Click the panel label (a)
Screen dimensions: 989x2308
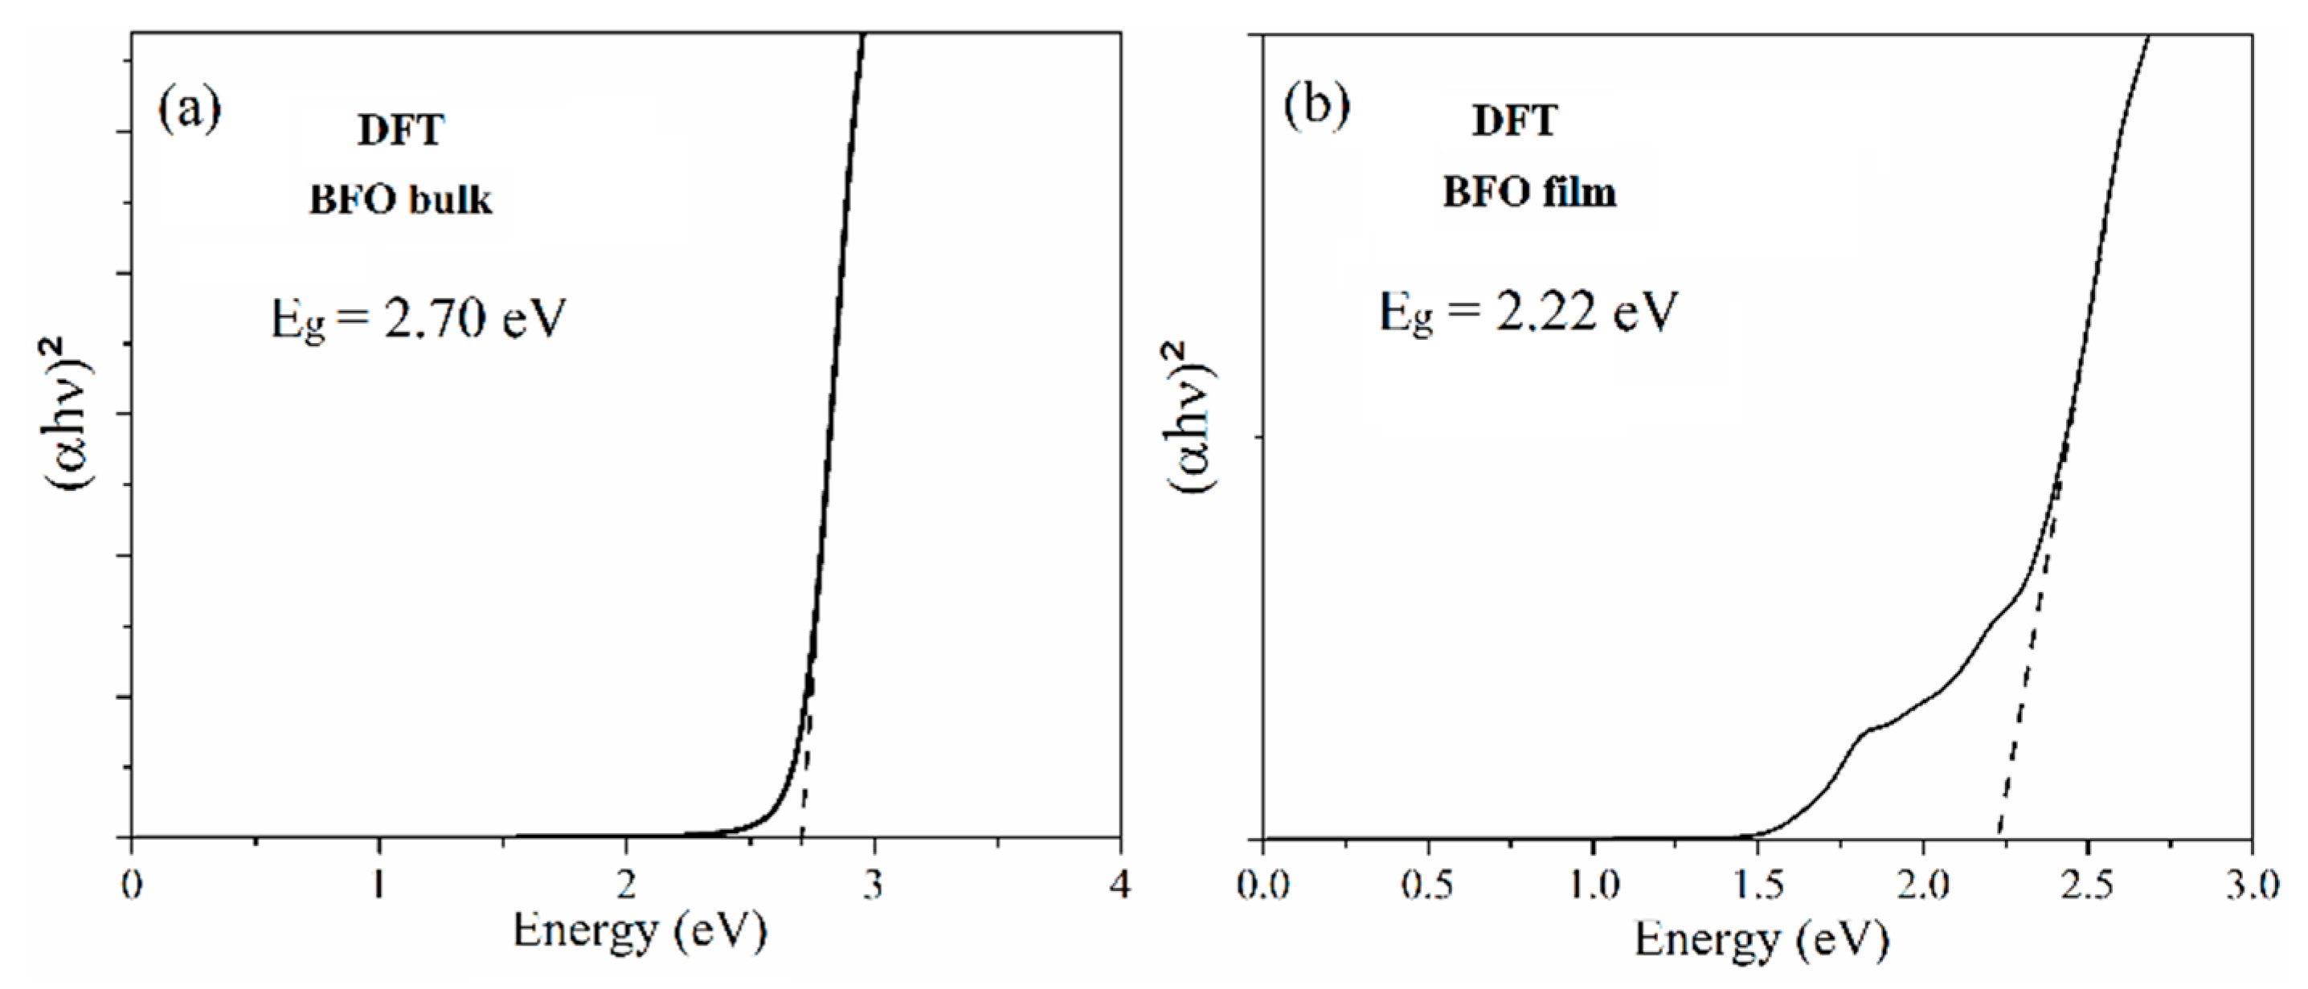pos(189,111)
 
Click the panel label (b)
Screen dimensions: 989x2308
pos(1316,106)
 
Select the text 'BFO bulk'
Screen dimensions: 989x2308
pos(400,201)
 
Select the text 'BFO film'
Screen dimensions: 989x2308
pos(1528,193)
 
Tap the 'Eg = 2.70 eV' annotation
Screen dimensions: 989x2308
pos(419,319)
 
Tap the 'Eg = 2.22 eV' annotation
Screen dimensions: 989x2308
pos(1527,313)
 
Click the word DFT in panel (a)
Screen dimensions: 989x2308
pos(400,131)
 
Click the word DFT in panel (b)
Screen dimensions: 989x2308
pos(1514,121)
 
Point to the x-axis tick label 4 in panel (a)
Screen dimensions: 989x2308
pos(1120,885)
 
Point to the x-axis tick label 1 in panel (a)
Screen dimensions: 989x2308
pos(379,885)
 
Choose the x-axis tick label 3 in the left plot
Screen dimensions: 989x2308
pos(873,885)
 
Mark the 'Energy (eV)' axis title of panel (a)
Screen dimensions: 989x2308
pos(640,930)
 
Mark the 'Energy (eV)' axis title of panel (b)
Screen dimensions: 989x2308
pos(1762,939)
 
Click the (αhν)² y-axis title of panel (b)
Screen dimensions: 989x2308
pos(1189,416)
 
